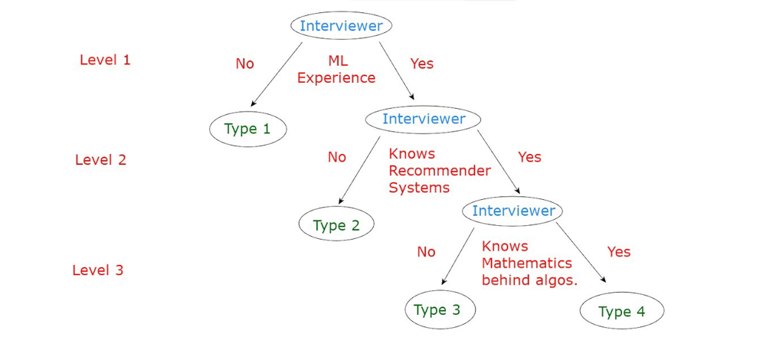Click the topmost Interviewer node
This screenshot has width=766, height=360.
(341, 25)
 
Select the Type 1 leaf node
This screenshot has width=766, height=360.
(247, 129)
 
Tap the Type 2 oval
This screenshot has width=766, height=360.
(336, 224)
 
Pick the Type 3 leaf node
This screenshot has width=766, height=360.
(440, 309)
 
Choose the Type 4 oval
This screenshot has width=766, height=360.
(622, 311)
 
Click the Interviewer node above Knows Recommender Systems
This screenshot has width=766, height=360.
(424, 119)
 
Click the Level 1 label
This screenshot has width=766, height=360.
(105, 60)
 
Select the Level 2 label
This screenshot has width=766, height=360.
(100, 160)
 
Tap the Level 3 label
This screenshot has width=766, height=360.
(98, 270)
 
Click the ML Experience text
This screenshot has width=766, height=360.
(336, 70)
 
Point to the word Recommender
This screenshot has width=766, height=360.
(440, 171)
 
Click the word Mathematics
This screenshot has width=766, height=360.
(527, 263)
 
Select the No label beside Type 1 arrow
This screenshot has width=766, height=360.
(245, 64)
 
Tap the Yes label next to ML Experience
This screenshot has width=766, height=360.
(421, 64)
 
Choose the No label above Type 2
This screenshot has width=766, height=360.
(336, 157)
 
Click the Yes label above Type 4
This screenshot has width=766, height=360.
(619, 251)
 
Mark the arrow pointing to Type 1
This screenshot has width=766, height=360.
(277, 74)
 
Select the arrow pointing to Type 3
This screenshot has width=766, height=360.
(458, 256)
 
